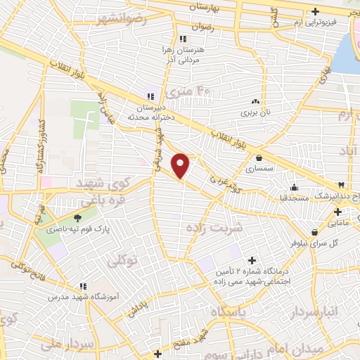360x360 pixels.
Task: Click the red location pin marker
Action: coord(181,165)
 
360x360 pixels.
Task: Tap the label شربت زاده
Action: coord(214,227)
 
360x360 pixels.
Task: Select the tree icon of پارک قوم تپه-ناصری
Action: coord(77,219)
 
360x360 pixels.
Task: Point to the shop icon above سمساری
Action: coord(261,158)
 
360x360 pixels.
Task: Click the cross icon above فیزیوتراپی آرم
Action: coord(315,11)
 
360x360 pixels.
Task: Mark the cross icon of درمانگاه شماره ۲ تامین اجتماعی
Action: coord(252,260)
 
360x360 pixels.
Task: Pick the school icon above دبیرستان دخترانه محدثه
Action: coord(149,96)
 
